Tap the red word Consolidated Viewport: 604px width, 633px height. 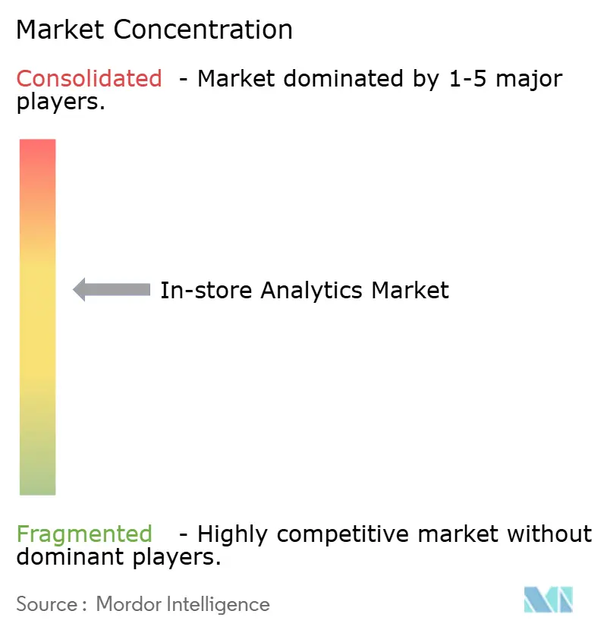point(90,78)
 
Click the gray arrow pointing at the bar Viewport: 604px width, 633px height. point(112,289)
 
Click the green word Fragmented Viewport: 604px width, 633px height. point(84,534)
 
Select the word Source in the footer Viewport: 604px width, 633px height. point(46,604)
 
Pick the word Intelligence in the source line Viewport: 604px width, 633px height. point(219,604)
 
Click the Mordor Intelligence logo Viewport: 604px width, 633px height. point(548,600)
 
